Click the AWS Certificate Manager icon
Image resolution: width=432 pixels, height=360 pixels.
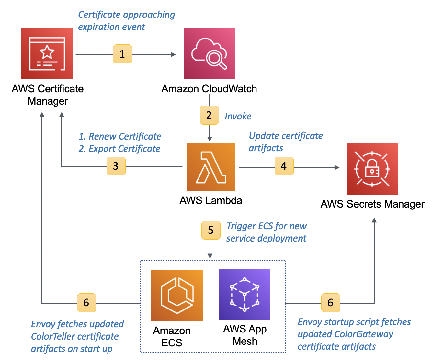coord(47,54)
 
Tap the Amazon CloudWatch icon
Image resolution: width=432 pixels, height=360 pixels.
coord(209,54)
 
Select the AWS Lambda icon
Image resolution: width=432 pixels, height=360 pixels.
coord(211,167)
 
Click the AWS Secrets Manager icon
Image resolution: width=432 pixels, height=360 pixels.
coord(372,169)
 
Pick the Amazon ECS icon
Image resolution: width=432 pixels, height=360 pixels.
coord(177,295)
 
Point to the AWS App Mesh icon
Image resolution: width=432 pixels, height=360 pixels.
coord(244,295)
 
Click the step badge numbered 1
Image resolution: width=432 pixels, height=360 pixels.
coord(122,54)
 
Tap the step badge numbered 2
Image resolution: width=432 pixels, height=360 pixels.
coord(209,115)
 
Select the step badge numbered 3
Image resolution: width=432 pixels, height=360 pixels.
coord(116,166)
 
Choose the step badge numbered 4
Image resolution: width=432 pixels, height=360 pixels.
coord(284,166)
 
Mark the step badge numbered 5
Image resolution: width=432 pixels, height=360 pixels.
coord(211,230)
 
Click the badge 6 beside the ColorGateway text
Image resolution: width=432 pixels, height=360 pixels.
coord(331,303)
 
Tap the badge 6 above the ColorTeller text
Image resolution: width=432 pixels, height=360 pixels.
coord(86,303)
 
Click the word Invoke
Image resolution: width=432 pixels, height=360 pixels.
coord(238,116)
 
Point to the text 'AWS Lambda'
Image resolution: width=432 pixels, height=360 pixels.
coord(211,200)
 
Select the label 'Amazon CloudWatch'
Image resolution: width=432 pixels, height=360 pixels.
coord(209,89)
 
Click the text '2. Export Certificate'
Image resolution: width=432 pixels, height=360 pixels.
coord(119,149)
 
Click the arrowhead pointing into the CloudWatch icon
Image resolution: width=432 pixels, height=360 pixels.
coord(174,54)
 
